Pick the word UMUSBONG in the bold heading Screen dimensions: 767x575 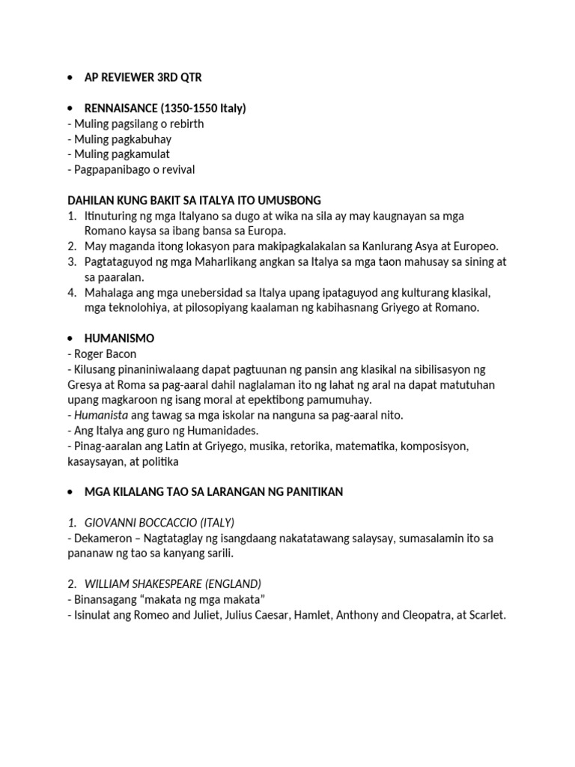[294, 200]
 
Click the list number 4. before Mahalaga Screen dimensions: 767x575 [73, 292]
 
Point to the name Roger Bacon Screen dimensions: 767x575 [106, 354]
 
